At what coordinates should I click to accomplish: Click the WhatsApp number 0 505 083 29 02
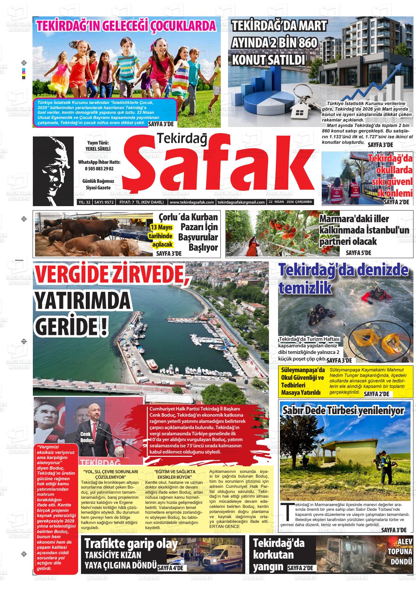(99, 169)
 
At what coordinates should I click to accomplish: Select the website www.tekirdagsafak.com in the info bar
(192, 202)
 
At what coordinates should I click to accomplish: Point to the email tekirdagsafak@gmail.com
(241, 202)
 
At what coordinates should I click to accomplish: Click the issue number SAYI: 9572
(104, 202)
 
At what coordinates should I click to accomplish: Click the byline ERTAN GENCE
(225, 526)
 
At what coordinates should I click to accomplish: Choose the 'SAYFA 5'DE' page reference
(358, 252)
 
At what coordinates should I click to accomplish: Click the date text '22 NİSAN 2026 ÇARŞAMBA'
(290, 202)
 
